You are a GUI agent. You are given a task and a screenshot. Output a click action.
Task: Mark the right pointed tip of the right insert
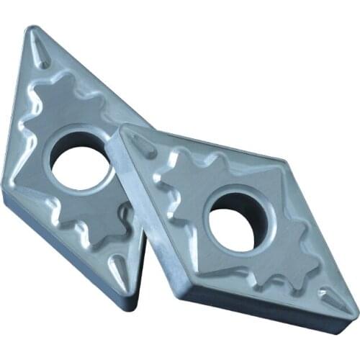[353, 310]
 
